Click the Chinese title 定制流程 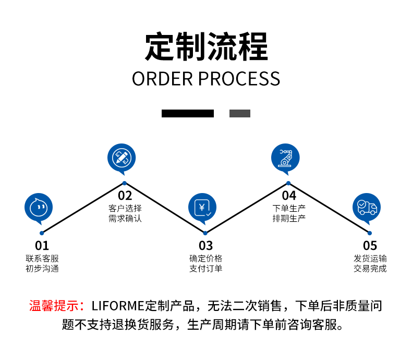coord(206,47)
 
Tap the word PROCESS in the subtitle coord(239,79)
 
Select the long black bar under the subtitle coord(187,113)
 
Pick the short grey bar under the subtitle coord(240,113)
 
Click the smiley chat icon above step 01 coord(39,207)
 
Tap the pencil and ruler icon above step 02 coord(122,157)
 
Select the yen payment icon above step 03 coord(202,207)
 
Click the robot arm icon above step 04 coord(286,157)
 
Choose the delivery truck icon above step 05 coord(367,207)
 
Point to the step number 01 coord(42,245)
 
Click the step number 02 coord(125,196)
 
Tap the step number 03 coord(205,245)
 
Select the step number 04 coord(289,196)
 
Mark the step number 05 coord(370,245)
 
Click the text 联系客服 coord(42,258)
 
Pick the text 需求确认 coord(125,219)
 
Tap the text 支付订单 coord(206,269)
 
